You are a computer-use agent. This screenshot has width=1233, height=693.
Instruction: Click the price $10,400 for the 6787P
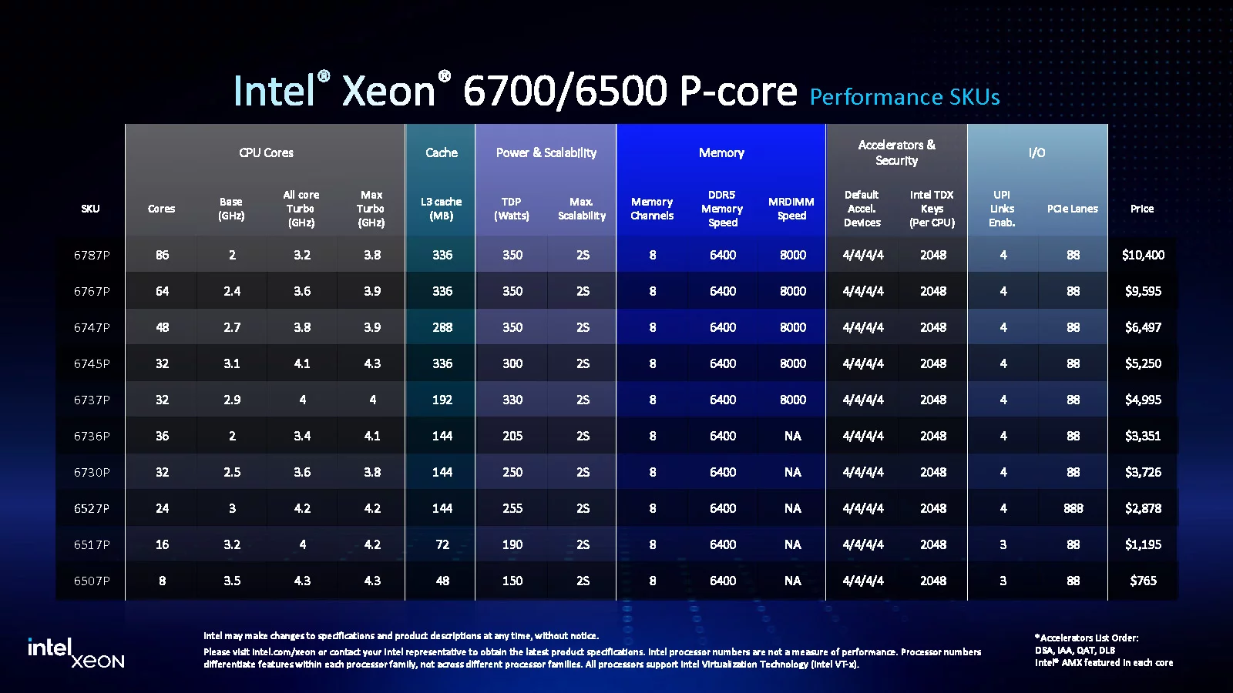1143,255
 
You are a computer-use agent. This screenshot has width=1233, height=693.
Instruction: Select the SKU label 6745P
92,363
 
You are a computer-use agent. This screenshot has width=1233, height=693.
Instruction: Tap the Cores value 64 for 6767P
162,291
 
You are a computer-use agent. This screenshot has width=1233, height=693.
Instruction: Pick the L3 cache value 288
442,327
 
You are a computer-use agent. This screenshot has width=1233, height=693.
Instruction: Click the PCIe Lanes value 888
1073,508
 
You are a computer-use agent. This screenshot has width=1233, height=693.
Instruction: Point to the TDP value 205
512,436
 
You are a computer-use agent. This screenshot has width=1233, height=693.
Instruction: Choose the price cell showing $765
1143,581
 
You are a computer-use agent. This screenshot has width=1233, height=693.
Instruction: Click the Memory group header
721,152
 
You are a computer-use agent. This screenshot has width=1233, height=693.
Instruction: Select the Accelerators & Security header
896,152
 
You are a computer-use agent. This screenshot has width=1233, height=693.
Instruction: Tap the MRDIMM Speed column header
791,209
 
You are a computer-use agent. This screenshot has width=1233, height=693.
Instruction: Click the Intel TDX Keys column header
932,209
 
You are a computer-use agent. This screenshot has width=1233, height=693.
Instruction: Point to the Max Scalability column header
582,209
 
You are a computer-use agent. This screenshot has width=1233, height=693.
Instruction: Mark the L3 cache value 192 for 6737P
442,400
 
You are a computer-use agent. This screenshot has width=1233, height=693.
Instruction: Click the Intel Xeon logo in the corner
76,652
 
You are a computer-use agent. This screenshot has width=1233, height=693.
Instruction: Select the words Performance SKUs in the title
905,97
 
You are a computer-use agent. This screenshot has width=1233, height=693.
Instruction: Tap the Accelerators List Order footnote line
1087,638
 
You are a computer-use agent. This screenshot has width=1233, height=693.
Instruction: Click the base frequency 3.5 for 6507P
232,581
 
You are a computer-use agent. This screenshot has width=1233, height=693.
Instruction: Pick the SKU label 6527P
92,508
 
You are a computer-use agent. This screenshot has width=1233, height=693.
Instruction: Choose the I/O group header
1036,152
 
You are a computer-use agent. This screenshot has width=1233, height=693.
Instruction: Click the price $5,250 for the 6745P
1143,363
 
